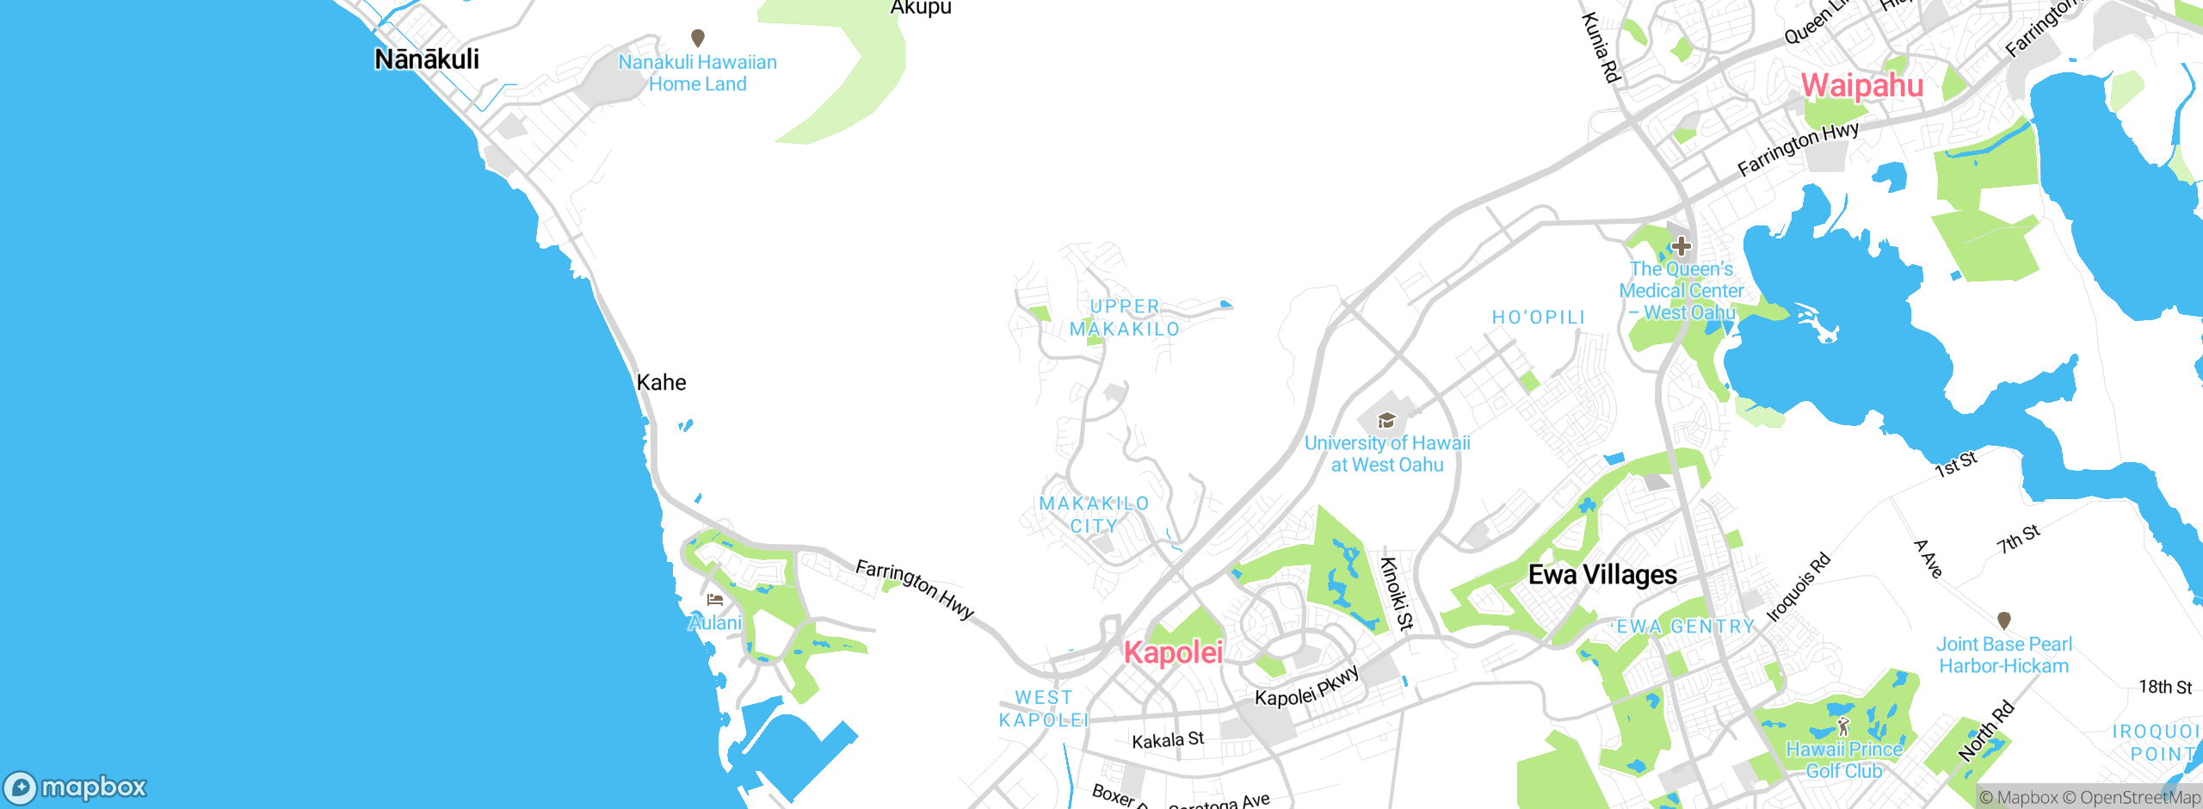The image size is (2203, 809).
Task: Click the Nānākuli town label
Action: (x=427, y=59)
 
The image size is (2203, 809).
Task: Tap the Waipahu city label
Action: (x=1862, y=85)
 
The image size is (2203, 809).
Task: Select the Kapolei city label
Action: (x=1173, y=652)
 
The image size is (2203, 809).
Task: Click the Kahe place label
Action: (x=661, y=383)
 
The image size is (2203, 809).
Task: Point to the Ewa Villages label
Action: (x=1602, y=575)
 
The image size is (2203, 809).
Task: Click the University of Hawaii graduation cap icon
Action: (x=1386, y=420)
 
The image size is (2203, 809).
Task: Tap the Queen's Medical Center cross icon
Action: (x=1681, y=246)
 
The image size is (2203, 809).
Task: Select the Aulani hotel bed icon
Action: (x=715, y=600)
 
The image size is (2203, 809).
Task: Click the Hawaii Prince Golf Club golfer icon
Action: (x=1843, y=726)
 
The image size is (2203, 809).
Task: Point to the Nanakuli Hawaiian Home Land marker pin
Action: (x=698, y=38)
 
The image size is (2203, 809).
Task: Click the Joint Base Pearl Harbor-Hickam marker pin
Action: (x=2003, y=620)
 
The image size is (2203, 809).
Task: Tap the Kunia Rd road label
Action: (x=1601, y=48)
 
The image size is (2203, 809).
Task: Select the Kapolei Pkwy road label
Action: (x=1306, y=686)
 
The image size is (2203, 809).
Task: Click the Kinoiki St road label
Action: (x=1396, y=594)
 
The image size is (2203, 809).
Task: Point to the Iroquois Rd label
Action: (x=1799, y=588)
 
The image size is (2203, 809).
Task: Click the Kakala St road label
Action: (x=1168, y=740)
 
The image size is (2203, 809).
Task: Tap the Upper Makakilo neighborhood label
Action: (x=1125, y=318)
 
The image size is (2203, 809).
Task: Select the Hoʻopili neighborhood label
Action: (x=1538, y=318)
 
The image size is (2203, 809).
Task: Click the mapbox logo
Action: (x=76, y=787)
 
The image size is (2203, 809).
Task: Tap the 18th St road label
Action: (x=2165, y=687)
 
